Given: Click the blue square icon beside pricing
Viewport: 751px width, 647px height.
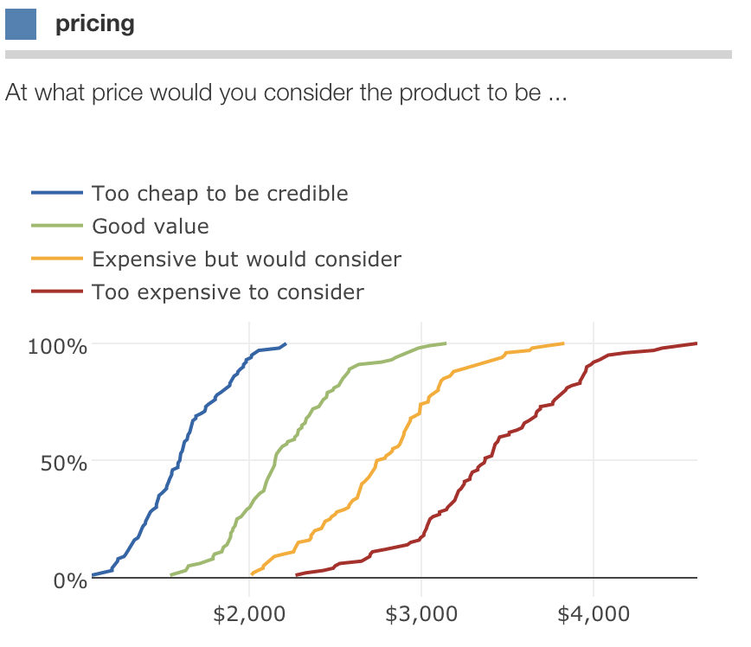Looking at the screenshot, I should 21,23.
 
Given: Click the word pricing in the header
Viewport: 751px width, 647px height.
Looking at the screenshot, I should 95,23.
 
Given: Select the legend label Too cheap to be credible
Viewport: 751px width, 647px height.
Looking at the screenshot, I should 220,193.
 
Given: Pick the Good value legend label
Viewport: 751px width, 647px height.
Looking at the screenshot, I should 151,227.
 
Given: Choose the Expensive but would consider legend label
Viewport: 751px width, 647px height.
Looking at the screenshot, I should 247,259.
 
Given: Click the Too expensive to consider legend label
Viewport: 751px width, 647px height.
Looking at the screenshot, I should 228,292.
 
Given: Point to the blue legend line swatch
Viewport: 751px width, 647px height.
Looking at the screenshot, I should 58,194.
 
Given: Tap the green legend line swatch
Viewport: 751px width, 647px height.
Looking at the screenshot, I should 58,227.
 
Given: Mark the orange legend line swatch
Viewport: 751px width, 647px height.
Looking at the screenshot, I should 58,259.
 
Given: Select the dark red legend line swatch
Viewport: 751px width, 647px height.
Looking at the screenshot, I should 58,292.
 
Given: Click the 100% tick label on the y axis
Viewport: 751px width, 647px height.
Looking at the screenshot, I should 58,347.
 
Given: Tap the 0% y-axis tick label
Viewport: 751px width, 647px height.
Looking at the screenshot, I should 70,580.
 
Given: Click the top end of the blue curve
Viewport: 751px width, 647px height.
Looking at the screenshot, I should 286,343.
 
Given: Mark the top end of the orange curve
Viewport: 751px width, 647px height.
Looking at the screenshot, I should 563,343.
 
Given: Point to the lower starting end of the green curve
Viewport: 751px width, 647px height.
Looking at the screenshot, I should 171,574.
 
